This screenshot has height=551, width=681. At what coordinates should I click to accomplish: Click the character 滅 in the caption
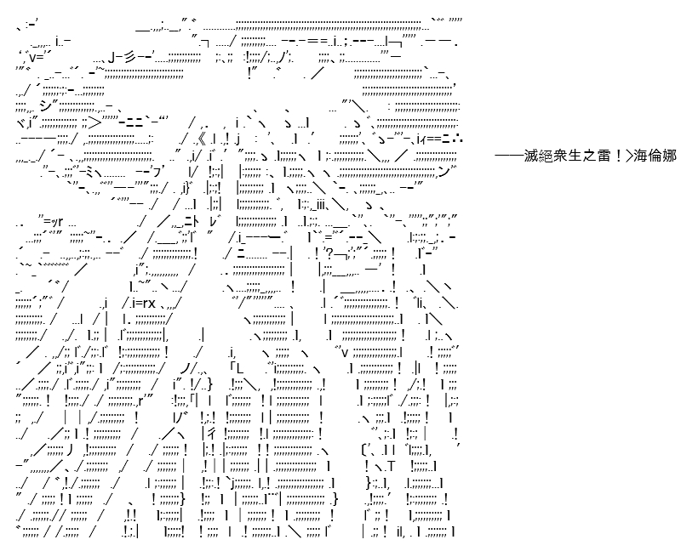point(530,155)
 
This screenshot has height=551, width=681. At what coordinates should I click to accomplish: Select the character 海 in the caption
point(640,155)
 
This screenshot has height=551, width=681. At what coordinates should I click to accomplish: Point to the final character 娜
point(669,155)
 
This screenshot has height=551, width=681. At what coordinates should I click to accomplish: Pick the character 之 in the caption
point(589,155)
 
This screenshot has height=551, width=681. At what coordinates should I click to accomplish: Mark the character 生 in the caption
point(575,155)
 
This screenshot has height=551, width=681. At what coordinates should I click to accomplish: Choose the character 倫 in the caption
point(655,155)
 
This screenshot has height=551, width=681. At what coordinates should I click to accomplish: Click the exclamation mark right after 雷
point(618,155)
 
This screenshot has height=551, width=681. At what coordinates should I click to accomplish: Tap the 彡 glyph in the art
point(128,56)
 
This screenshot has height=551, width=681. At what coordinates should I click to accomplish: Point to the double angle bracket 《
point(201,139)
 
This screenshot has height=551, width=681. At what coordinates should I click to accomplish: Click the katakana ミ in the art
point(90,173)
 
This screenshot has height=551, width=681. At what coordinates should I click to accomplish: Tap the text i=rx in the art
point(143,303)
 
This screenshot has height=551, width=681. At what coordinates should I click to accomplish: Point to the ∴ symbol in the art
point(459,139)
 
